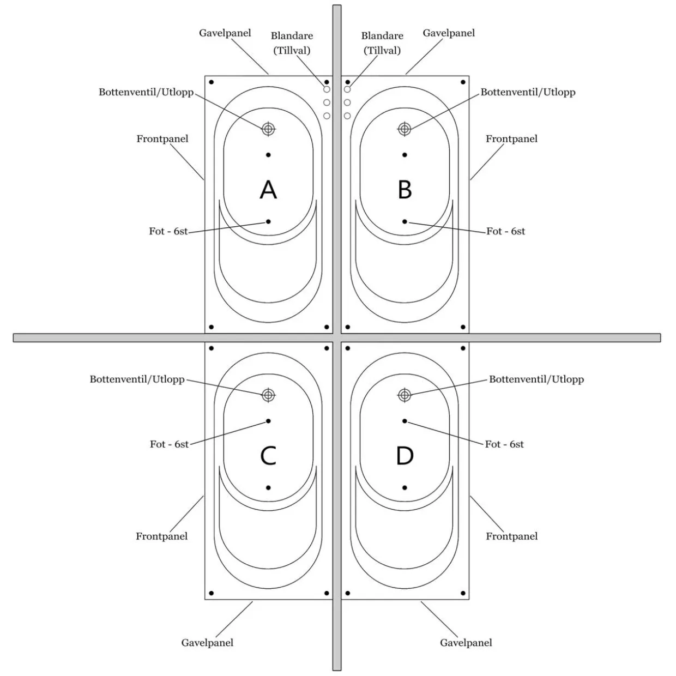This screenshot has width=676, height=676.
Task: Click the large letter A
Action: click(x=268, y=189)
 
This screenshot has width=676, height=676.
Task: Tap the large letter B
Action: click(x=405, y=189)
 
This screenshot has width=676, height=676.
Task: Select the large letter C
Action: click(x=268, y=455)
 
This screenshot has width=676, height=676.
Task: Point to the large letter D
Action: click(x=405, y=455)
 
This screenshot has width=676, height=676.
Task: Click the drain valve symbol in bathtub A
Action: click(x=268, y=129)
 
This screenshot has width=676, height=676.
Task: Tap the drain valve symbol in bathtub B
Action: click(x=405, y=129)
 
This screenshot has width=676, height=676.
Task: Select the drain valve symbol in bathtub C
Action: click(x=268, y=395)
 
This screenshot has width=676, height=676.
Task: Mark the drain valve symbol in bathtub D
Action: click(x=405, y=395)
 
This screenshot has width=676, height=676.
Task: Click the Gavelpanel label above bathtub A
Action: click(x=225, y=33)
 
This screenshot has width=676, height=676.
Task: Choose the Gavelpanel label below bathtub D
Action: click(x=466, y=642)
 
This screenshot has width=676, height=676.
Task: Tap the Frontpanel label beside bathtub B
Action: click(x=511, y=139)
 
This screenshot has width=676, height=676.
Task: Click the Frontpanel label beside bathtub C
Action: click(x=162, y=536)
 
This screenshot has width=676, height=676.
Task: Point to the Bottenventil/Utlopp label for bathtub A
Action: click(x=146, y=92)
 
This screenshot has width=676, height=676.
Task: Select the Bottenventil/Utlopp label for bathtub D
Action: click(x=536, y=379)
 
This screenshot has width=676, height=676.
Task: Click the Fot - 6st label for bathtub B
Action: click(x=505, y=231)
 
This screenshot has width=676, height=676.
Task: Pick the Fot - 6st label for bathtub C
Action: click(x=169, y=444)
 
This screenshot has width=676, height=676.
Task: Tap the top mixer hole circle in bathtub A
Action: click(x=327, y=89)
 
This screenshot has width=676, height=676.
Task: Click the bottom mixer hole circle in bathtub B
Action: click(x=347, y=116)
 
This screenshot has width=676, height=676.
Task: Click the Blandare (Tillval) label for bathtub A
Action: click(x=292, y=43)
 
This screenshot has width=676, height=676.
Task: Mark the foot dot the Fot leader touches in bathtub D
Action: click(x=405, y=421)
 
